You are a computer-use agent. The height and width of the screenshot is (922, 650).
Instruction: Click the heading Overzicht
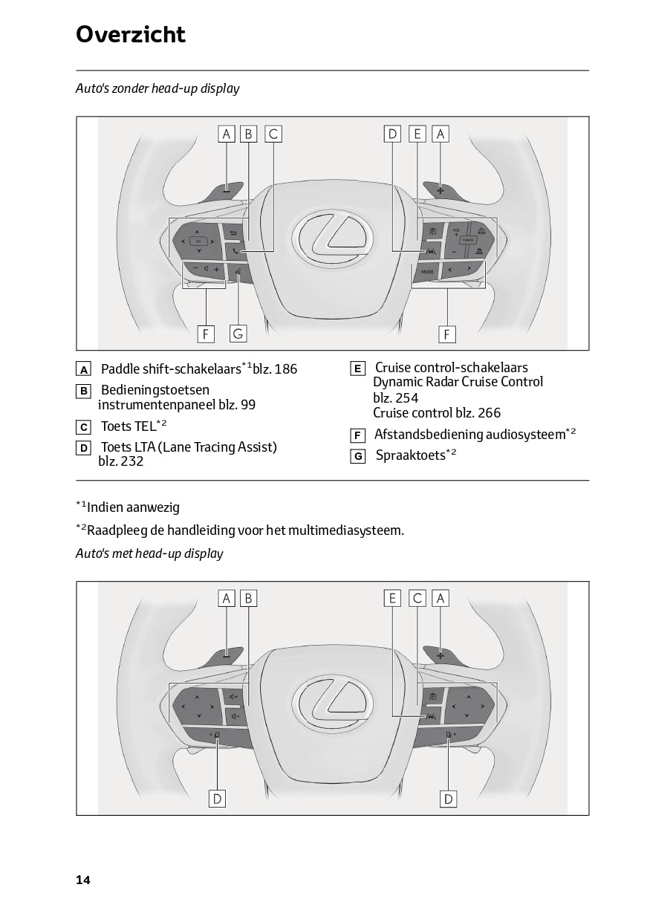(131, 35)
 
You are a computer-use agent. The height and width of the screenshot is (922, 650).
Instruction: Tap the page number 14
(82, 880)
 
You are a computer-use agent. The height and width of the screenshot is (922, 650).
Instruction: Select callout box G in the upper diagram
(238, 334)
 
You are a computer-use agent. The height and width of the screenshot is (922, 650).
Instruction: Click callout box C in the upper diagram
(273, 134)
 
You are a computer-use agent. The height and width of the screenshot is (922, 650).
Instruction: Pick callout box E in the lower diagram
(393, 598)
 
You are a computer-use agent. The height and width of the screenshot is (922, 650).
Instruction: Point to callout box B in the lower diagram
(249, 598)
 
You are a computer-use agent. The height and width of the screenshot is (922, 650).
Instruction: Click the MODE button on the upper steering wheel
(427, 273)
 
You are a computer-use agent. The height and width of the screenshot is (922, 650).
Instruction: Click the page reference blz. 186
(275, 369)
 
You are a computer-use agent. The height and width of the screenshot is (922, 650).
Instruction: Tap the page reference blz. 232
(120, 461)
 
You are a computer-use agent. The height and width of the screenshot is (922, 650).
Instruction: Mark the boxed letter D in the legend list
(84, 448)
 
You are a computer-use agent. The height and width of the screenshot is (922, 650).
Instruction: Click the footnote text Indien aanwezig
(133, 508)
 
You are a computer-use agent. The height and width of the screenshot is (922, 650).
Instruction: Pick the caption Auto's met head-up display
(149, 553)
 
